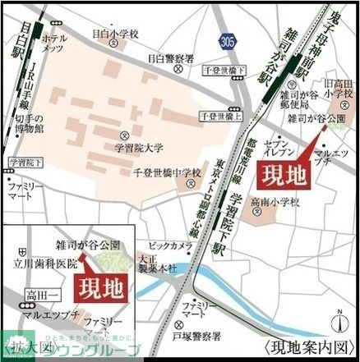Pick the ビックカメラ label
(x=171, y=245)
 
